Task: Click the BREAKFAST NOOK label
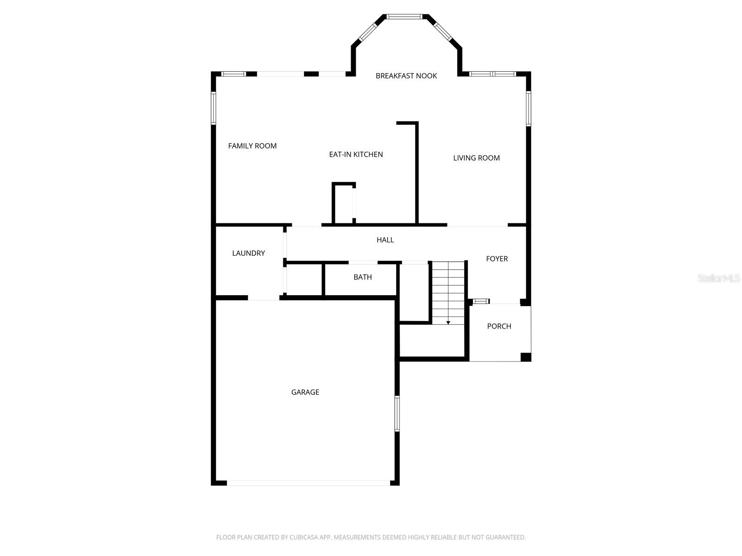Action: tap(406, 76)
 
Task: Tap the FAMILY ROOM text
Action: tap(252, 146)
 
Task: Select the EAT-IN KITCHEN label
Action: tap(356, 154)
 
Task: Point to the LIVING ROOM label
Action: tap(476, 158)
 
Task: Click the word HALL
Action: tap(385, 240)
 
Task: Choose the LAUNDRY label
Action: tap(249, 253)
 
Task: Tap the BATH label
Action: tap(362, 277)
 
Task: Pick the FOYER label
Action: tap(497, 259)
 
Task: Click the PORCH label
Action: tap(499, 326)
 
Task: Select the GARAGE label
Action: tap(305, 392)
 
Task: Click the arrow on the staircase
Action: tap(448, 322)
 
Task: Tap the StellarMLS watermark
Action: tap(718, 278)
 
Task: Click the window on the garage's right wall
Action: tap(397, 414)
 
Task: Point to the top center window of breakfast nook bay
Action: tap(404, 17)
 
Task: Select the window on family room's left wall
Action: tap(213, 108)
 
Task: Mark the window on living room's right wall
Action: tap(528, 108)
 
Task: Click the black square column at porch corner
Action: tap(525, 357)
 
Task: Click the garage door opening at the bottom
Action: tap(308, 483)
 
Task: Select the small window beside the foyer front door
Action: tap(481, 301)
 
